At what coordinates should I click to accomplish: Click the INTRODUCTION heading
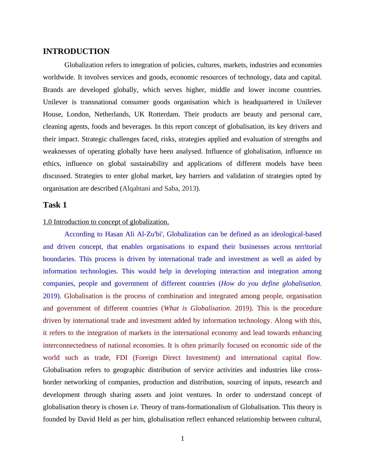[x=76, y=51]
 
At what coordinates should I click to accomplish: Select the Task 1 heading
[x=55, y=205]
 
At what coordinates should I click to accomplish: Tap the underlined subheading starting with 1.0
[x=106, y=222]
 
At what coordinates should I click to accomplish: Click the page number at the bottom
[x=182, y=439]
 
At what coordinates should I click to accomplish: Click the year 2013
[x=189, y=188]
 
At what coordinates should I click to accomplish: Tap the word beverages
[x=137, y=127]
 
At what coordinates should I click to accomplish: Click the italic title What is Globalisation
[x=197, y=308]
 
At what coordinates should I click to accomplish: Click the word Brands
[x=53, y=90]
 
